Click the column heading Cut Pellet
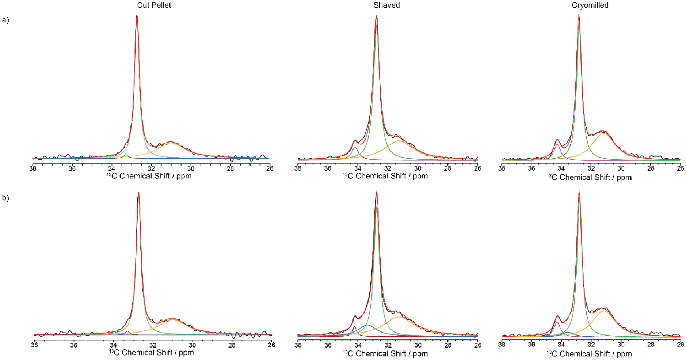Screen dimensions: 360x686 point(154,5)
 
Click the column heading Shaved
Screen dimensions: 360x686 point(386,5)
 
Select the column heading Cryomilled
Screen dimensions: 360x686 point(590,5)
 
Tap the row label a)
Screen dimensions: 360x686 point(5,20)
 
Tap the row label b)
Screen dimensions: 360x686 point(5,198)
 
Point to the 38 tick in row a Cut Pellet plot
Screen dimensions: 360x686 point(33,168)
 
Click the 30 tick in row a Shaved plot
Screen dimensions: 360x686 point(418,168)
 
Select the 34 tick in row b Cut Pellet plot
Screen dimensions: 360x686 point(113,345)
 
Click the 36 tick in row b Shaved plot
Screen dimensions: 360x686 point(328,345)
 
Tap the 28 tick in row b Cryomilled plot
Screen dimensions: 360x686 point(651,345)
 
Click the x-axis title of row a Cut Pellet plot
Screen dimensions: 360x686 point(149,176)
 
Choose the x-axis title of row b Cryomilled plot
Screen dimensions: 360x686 point(589,354)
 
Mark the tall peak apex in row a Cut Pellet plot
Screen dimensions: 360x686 point(137,16)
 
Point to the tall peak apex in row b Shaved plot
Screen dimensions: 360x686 point(376,192)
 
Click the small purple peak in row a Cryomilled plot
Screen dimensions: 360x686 point(557,144)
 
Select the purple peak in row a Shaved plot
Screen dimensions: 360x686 point(355,148)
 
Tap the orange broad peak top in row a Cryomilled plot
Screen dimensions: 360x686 point(603,134)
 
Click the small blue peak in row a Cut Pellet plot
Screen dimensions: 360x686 point(126,155)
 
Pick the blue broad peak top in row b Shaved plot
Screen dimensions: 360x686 point(367,325)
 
